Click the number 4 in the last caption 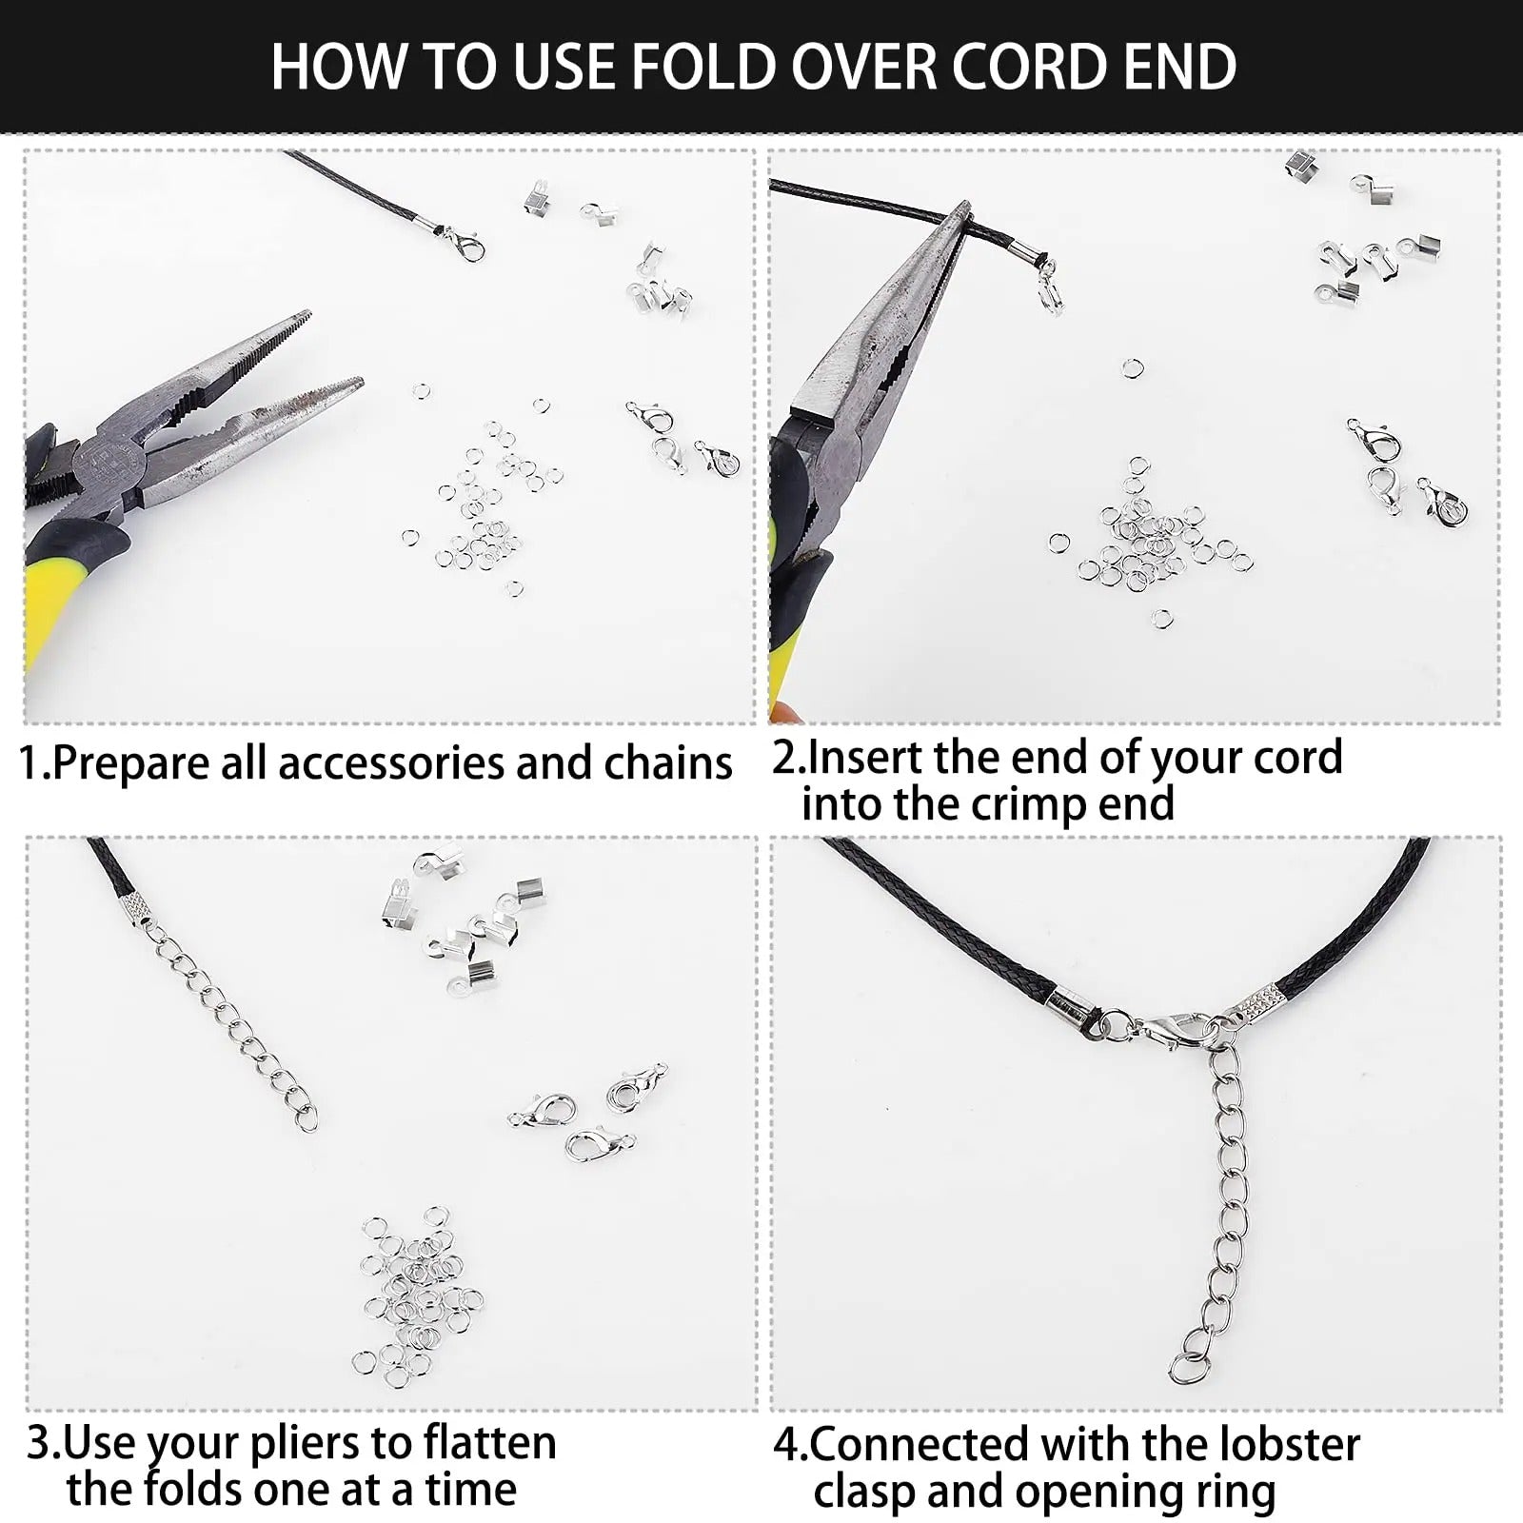point(785,1445)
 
